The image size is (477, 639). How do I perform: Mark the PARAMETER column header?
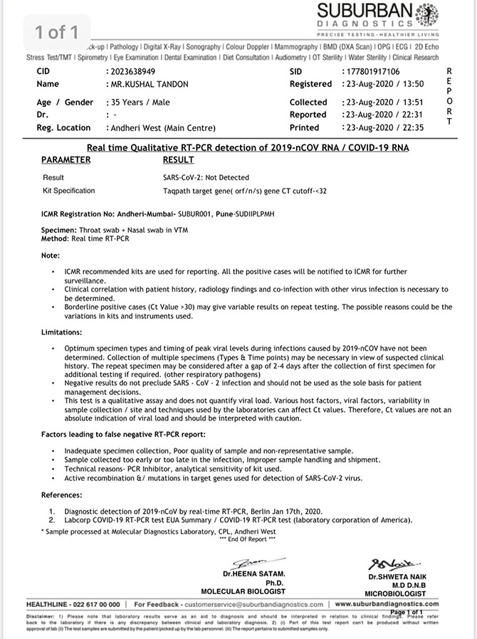[65, 160]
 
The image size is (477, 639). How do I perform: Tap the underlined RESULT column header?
[178, 160]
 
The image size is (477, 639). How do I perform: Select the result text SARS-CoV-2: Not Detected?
[206, 177]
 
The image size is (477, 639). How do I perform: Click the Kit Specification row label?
[68, 191]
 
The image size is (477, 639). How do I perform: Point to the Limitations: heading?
[61, 332]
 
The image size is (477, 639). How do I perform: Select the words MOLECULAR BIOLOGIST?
[243, 591]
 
